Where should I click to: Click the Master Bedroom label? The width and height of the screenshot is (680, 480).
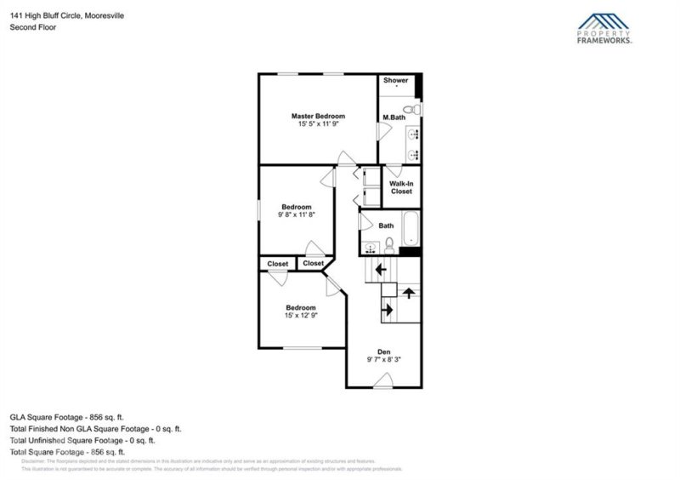tap(319, 116)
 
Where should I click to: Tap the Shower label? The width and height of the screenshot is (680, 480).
tap(395, 81)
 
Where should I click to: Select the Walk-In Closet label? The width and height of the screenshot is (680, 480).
tap(401, 187)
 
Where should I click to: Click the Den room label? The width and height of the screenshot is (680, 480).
tap(383, 351)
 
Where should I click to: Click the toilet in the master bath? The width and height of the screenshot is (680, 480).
tap(409, 108)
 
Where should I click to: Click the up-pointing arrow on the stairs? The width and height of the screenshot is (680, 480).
tap(409, 294)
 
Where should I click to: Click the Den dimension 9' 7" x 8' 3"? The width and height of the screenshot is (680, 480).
tap(383, 360)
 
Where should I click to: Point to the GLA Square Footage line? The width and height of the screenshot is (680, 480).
tap(67, 417)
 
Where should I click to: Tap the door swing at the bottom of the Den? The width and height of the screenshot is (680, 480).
tap(383, 386)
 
